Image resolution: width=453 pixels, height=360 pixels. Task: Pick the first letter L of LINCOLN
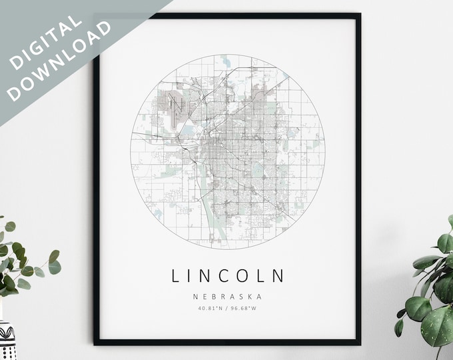pyautogui.click(x=177, y=275)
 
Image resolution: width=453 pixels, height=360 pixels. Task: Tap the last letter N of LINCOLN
pyautogui.click(x=278, y=275)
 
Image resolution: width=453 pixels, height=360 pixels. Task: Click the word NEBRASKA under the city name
pyautogui.click(x=227, y=297)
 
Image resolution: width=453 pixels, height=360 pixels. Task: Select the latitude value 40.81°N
pyautogui.click(x=211, y=308)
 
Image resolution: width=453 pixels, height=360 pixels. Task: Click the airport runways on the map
pyautogui.click(x=175, y=106)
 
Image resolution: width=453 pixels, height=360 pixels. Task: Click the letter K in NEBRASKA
pyautogui.click(x=252, y=297)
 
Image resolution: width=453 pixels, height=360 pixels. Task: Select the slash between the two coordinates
pyautogui.click(x=227, y=308)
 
